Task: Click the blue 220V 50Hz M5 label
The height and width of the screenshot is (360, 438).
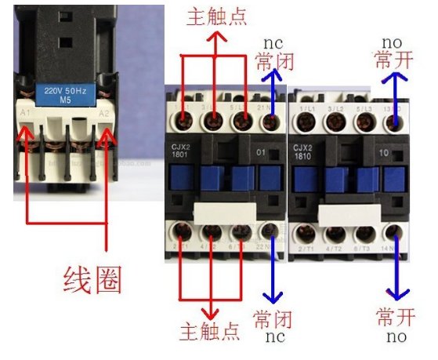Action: (70, 92)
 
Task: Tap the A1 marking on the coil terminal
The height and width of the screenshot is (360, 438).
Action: (25, 114)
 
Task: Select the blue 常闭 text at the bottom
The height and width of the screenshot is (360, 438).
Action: (273, 319)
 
